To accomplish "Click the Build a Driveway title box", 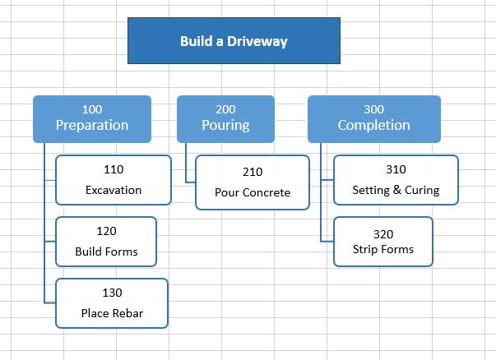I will click(x=234, y=40).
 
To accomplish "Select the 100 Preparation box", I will click(x=91, y=118).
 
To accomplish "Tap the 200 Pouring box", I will click(x=225, y=118).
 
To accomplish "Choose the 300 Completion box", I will click(x=373, y=118).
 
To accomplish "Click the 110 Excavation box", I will click(x=114, y=180).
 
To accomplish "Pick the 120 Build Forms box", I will click(x=106, y=241).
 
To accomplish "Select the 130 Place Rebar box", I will click(x=112, y=302).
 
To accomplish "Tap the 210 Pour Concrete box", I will click(x=253, y=182).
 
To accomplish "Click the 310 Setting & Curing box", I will click(x=396, y=180).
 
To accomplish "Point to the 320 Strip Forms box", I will click(x=382, y=241).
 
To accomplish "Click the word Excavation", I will click(x=114, y=190).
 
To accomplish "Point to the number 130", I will click(x=112, y=293).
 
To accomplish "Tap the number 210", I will click(x=253, y=173).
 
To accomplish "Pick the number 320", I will click(x=382, y=233).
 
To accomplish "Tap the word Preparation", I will click(x=91, y=126).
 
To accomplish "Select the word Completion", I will click(x=373, y=126).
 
